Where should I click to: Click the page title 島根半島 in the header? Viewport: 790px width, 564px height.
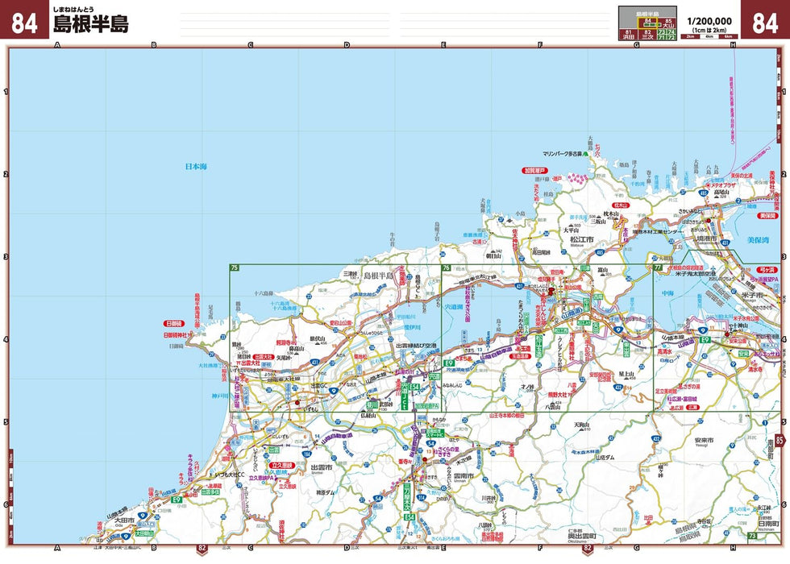coord(90,24)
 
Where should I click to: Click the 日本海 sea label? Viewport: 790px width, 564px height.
coord(196,167)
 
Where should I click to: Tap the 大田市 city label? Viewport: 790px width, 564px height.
coord(125,520)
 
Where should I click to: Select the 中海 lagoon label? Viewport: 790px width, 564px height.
coord(667,293)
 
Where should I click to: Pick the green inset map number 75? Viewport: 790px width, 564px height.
coord(235,267)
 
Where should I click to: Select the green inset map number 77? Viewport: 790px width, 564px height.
coord(658,267)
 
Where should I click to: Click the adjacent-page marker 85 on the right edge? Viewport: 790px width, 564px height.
coord(780,440)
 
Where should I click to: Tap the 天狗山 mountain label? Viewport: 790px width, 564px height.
coord(582,425)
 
